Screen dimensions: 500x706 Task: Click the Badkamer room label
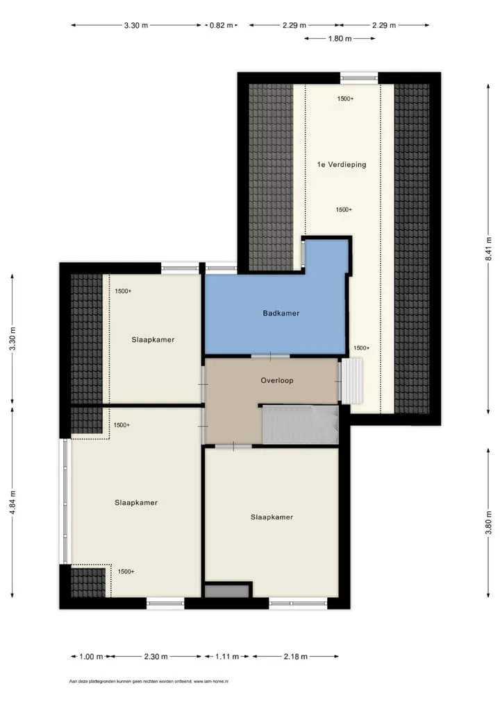click(x=281, y=313)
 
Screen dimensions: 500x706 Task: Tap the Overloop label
click(x=277, y=381)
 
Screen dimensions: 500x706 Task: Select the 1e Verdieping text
click(x=341, y=165)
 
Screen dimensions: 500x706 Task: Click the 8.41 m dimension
click(x=488, y=249)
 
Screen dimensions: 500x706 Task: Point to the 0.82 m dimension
click(x=222, y=25)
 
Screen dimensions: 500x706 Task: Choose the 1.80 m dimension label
click(x=340, y=39)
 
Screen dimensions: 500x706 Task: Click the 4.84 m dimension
click(x=12, y=503)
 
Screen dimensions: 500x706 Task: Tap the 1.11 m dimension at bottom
click(x=227, y=657)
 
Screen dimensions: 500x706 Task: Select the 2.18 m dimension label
click(x=295, y=657)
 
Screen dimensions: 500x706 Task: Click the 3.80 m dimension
click(x=488, y=523)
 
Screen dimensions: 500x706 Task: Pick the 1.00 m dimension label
click(x=91, y=657)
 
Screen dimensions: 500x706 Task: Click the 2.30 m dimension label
click(x=156, y=657)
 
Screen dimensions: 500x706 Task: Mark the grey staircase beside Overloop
click(x=300, y=424)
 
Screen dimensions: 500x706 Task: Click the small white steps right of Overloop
click(x=352, y=381)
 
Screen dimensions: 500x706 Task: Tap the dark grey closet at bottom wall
click(x=227, y=591)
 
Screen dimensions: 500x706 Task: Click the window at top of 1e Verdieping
click(x=359, y=78)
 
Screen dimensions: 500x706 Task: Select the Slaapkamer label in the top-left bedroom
click(x=153, y=340)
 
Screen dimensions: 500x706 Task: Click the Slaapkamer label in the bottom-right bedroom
click(x=272, y=517)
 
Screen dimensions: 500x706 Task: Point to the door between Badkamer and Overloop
click(x=271, y=356)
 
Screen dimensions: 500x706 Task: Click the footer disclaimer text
click(x=149, y=682)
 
